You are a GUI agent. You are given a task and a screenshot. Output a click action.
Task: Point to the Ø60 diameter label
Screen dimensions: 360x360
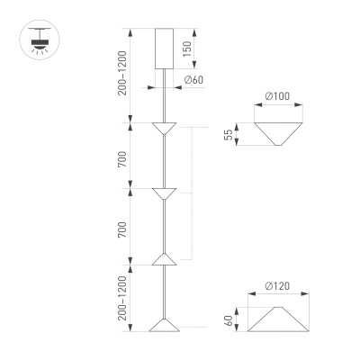(192, 81)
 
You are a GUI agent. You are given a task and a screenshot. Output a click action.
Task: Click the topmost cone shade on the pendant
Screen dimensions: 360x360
(162, 128)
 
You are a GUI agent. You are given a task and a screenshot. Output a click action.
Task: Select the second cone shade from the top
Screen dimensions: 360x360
(162, 193)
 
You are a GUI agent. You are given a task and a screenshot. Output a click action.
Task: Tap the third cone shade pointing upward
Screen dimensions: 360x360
(162, 260)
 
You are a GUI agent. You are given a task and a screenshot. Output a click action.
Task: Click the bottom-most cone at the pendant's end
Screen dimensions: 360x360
(162, 324)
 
